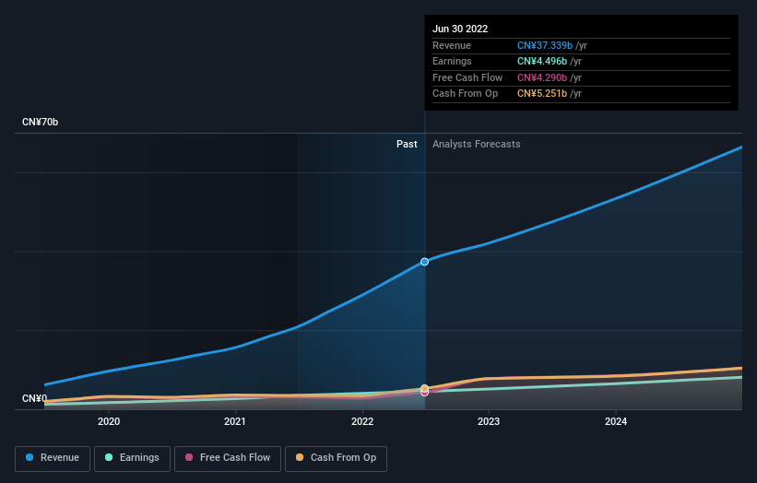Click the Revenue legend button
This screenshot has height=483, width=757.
(53, 458)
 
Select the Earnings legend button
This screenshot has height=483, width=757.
(132, 458)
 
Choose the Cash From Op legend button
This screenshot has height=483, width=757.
(336, 458)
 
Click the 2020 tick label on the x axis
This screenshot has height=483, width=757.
(109, 422)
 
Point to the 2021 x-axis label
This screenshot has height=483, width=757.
(235, 422)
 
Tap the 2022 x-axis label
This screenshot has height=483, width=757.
(362, 422)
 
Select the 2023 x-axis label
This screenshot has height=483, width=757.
(489, 422)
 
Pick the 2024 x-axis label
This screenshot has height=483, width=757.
(616, 422)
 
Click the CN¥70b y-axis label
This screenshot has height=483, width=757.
(41, 123)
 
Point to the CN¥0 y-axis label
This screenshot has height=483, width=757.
(35, 399)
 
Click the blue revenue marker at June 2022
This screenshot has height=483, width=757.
(425, 262)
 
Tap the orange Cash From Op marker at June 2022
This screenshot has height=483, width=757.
(425, 388)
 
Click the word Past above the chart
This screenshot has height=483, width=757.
(407, 145)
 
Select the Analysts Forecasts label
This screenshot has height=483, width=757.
(476, 145)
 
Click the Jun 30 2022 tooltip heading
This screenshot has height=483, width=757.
(461, 29)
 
